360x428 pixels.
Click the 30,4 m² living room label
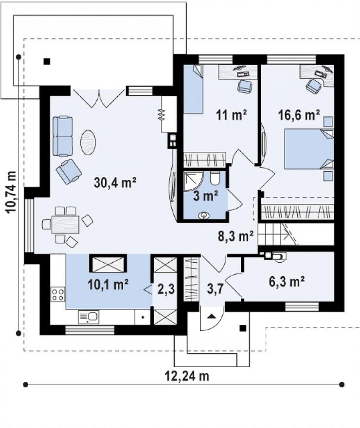pyautogui.click(x=115, y=182)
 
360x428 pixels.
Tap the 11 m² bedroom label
pyautogui.click(x=232, y=115)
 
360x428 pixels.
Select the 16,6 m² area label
pyautogui.click(x=299, y=115)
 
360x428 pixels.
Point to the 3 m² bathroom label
pyautogui.click(x=205, y=196)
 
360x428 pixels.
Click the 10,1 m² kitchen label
pyautogui.click(x=108, y=285)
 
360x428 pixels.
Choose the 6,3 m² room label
pyautogui.click(x=287, y=282)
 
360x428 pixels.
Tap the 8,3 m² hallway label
pyautogui.click(x=236, y=236)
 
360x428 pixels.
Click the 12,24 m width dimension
pyautogui.click(x=187, y=376)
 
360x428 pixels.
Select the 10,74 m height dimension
pyautogui.click(x=11, y=192)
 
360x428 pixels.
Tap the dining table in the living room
pyautogui.click(x=66, y=225)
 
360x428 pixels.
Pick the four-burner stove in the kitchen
pyautogui.click(x=58, y=294)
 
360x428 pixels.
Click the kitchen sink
pyautogui.click(x=89, y=317)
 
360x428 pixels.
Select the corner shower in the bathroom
pyautogui.click(x=193, y=181)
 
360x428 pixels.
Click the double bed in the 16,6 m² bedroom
pyautogui.click(x=309, y=149)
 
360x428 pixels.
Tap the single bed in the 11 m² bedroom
pyautogui.click(x=193, y=89)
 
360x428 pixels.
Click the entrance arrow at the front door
pyautogui.click(x=212, y=316)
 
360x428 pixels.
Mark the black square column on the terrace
pyautogui.click(x=47, y=61)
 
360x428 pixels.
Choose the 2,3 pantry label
pyautogui.click(x=166, y=289)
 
